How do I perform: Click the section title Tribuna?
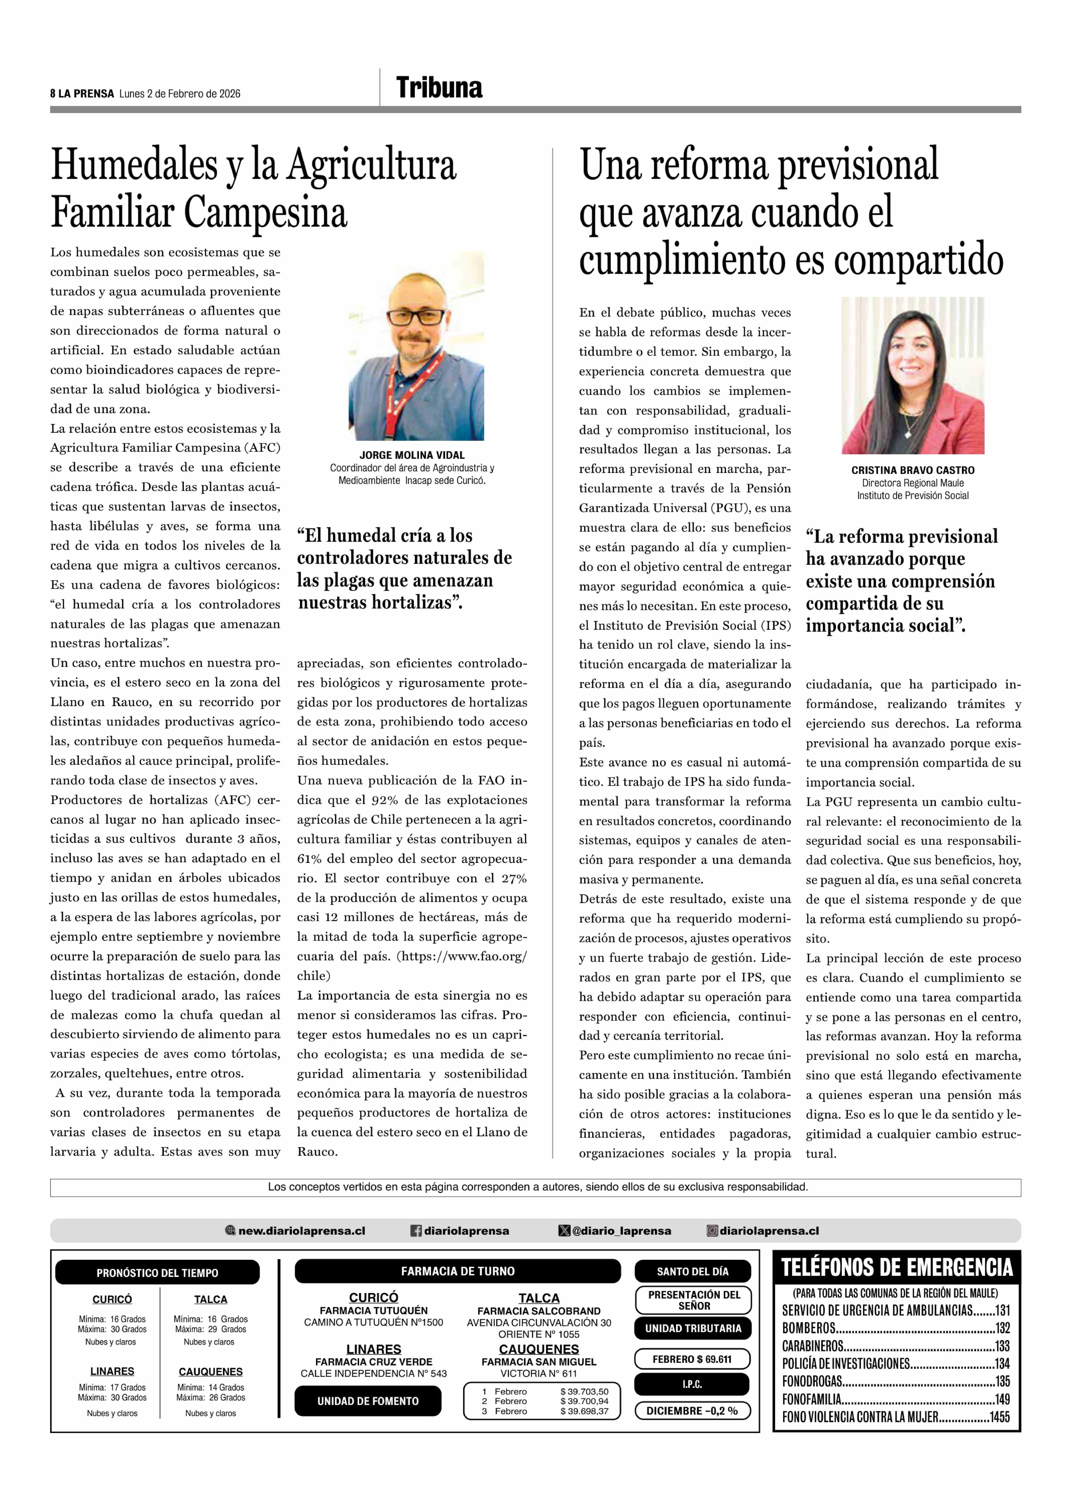pos(439,88)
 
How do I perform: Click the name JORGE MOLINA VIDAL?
pos(412,455)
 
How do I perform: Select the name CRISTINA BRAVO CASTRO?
pos(912,470)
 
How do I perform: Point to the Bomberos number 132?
pos(1002,1328)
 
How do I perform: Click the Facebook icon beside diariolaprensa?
pos(416,1231)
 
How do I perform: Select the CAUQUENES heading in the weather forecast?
pos(211,1371)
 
